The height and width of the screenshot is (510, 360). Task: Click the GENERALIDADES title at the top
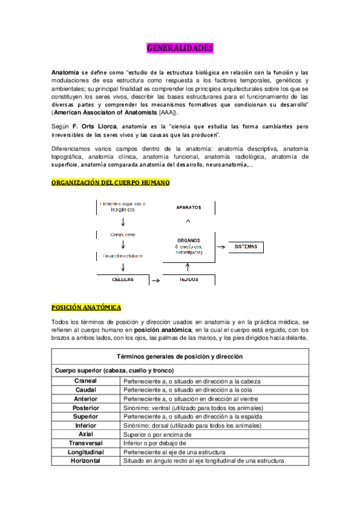[180, 48]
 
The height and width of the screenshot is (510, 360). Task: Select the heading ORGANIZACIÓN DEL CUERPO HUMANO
[111, 182]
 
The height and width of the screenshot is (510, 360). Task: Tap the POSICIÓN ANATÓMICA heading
[86, 307]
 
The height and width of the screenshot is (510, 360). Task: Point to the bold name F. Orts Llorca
[95, 127]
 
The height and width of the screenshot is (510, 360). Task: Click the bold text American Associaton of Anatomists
[105, 112]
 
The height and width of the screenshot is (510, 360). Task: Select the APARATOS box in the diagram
[188, 207]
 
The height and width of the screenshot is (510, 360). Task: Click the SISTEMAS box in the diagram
[246, 247]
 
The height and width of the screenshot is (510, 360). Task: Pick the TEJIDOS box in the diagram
[188, 280]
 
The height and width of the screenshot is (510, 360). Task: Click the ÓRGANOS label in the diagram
[189, 239]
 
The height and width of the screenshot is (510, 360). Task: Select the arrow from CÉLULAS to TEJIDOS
[155, 280]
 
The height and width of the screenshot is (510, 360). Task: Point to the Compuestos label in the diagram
[123, 234]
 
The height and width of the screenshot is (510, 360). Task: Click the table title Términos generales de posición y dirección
[180, 357]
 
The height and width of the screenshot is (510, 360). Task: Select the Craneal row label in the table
[85, 381]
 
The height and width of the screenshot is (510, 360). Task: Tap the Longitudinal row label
[85, 452]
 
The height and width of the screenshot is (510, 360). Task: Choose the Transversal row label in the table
[85, 443]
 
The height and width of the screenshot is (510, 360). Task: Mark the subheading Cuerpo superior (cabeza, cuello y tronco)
[114, 370]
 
